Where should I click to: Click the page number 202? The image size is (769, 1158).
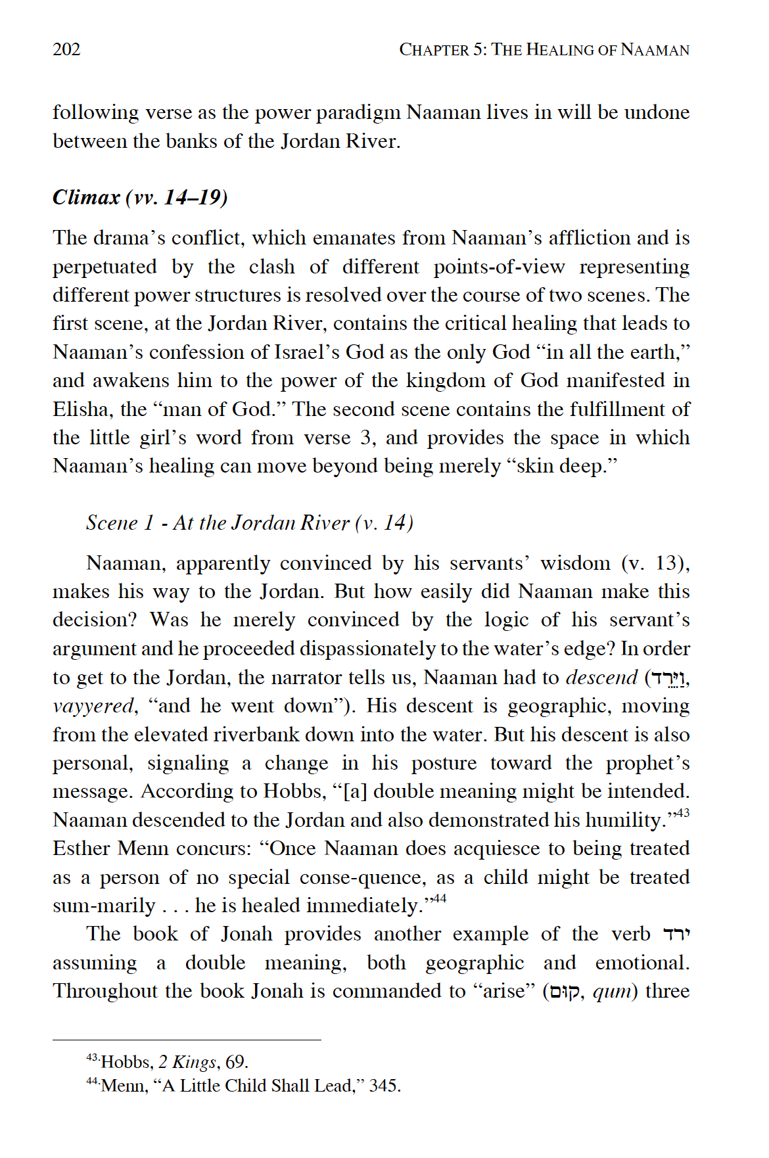pyautogui.click(x=66, y=49)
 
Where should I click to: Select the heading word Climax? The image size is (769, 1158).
pyautogui.click(x=86, y=197)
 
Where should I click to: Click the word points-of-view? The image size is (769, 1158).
pyautogui.click(x=499, y=267)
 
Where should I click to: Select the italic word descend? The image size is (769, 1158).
pyautogui.click(x=601, y=677)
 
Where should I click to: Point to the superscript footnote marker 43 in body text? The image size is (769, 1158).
pyautogui.click(x=683, y=814)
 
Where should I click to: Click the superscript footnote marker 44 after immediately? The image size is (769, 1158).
pyautogui.click(x=440, y=898)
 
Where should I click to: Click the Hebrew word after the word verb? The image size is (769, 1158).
pyautogui.click(x=676, y=934)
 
